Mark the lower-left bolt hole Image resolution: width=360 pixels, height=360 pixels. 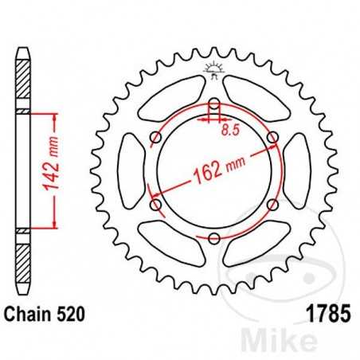[155, 205]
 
